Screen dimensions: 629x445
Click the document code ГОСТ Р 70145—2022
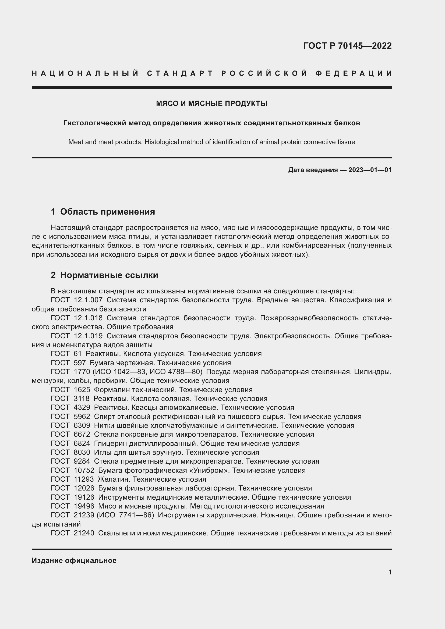347,45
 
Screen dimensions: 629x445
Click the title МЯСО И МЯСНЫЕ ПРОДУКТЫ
211,104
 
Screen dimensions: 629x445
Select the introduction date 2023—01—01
370,170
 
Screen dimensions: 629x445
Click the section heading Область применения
107,211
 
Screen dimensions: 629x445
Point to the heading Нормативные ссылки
109,275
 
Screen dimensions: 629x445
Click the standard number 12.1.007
88,300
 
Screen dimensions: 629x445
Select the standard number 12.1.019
88,336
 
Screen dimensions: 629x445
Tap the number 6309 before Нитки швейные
82,425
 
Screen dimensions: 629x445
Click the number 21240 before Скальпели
84,533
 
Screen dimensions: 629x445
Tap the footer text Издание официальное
74,560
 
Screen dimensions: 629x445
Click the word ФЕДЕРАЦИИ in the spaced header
354,73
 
